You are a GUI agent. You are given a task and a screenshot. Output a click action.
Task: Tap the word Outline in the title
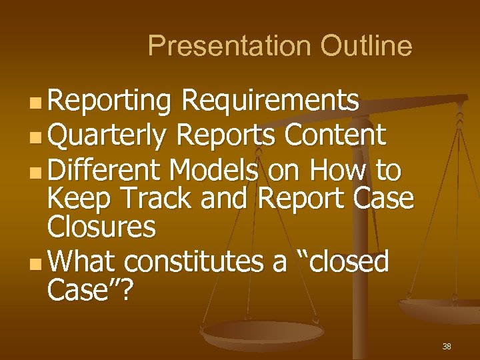pos(366,46)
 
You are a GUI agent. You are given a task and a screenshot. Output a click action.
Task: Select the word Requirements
pos(271,102)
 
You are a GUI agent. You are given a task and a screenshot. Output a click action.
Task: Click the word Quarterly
pos(107,137)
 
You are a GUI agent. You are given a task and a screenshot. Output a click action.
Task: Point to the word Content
pos(335,135)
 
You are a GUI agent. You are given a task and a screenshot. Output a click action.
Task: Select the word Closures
pos(102,227)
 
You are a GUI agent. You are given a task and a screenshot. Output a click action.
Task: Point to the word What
pos(83,262)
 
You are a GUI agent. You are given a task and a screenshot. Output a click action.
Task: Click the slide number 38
pos(446,347)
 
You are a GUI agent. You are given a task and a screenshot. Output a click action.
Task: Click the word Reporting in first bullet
pos(110,102)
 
